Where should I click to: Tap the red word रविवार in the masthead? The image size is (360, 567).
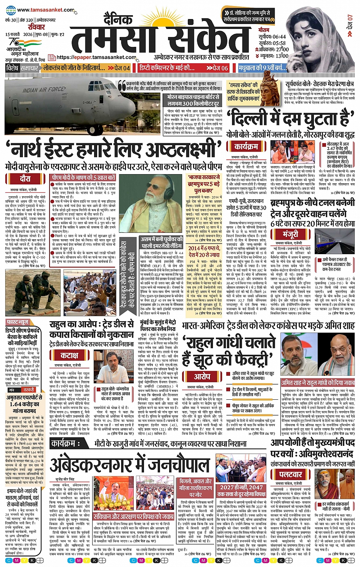click(36, 27)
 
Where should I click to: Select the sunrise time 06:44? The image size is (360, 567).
click(278, 37)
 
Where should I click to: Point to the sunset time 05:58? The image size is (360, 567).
click(278, 43)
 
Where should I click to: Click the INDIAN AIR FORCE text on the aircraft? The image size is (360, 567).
click(43, 90)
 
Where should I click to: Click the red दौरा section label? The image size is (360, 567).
click(25, 178)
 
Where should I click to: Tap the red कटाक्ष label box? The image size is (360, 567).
click(69, 355)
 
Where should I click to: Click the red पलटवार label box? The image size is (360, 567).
click(290, 475)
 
